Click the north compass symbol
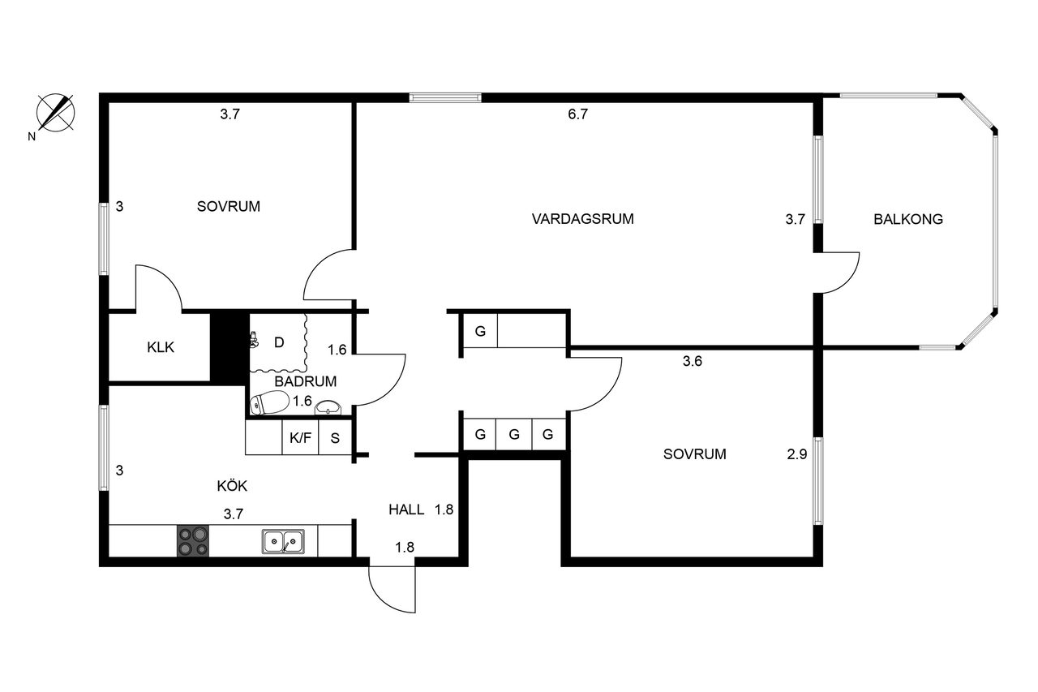55,113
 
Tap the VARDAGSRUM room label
582,219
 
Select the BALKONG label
907,219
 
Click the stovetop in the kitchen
193,541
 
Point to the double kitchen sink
283,541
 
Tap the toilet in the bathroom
269,402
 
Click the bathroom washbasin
328,408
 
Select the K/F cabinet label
300,437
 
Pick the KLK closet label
161,347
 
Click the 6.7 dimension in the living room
578,114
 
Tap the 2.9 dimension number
797,454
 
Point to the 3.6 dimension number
693,361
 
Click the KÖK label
232,486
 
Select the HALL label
406,509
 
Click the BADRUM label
306,381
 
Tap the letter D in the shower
279,342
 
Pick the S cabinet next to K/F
335,437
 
